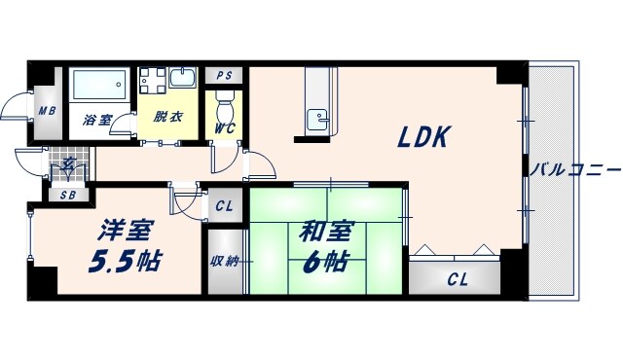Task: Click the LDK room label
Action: [421, 138]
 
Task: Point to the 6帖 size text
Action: [325, 261]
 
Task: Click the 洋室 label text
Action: [125, 232]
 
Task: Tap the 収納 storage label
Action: [223, 260]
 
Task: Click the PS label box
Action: [225, 76]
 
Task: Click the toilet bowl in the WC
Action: [224, 101]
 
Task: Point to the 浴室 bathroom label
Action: [97, 121]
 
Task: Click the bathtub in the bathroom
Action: [99, 90]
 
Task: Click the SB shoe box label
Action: [68, 195]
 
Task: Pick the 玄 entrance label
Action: [68, 163]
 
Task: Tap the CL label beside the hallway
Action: [224, 205]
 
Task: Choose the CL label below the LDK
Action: [457, 280]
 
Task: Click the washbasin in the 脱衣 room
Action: [181, 77]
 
